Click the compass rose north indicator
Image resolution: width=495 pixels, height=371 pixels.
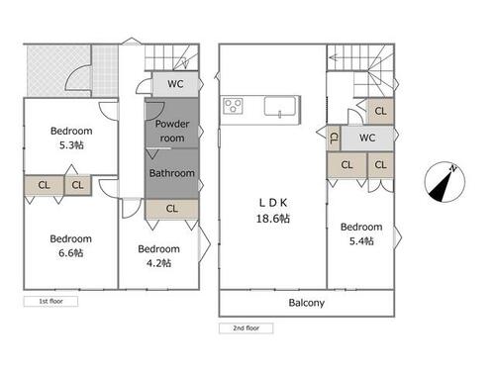[x=445, y=182]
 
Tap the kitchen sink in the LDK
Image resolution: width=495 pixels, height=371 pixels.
[x=280, y=106]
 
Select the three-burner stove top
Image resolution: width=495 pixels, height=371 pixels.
[x=233, y=106]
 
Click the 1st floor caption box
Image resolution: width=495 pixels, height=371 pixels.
[x=50, y=301]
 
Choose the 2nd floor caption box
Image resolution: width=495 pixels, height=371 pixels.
[x=247, y=328]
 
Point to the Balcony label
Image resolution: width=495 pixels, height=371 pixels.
[x=307, y=303]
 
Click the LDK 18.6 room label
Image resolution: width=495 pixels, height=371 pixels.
[x=273, y=211]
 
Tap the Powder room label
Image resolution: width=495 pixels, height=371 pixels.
[x=172, y=131]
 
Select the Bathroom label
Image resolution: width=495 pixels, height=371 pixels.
[x=172, y=173]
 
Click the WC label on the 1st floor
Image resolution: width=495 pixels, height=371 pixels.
[x=175, y=84]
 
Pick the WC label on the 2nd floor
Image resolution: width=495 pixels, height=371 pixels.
[x=367, y=138]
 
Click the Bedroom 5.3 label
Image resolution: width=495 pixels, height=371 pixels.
[x=71, y=138]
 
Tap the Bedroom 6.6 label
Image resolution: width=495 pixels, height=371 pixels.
[x=71, y=245]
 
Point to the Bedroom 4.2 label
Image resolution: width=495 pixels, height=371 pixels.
[x=158, y=256]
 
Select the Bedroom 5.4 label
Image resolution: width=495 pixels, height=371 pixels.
[x=361, y=233]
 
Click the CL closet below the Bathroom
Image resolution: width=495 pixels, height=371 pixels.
[x=172, y=209]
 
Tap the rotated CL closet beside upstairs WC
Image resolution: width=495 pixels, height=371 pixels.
[x=334, y=138]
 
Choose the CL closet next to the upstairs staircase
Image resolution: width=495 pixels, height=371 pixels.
[x=380, y=111]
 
